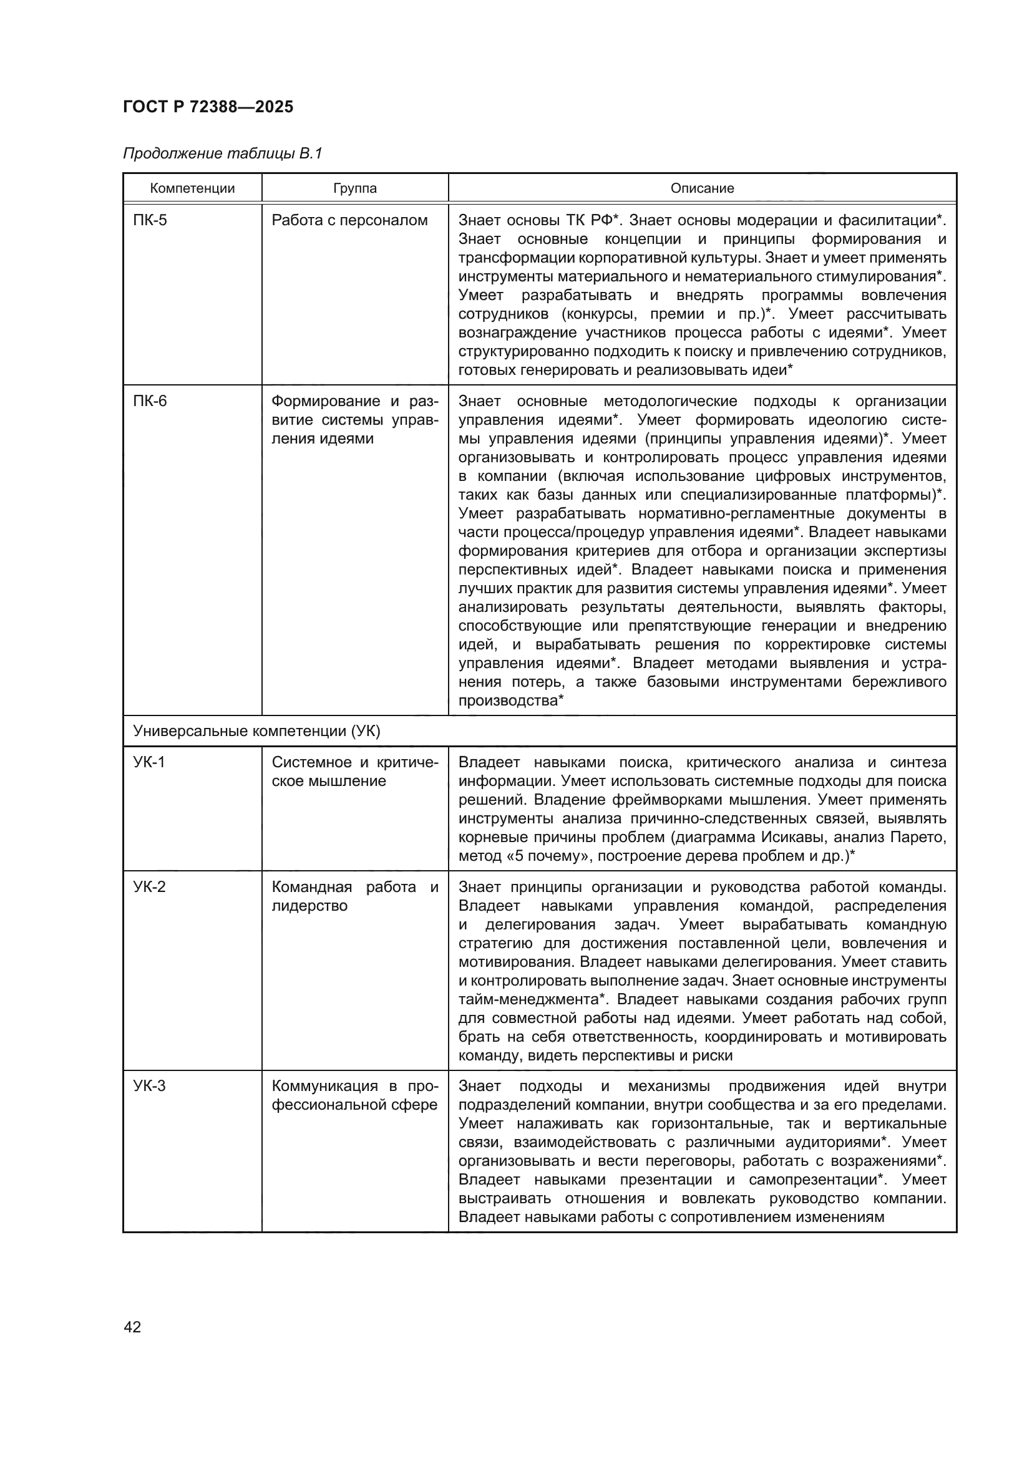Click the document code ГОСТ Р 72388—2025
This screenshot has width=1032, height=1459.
[x=208, y=107]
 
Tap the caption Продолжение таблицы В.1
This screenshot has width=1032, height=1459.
[x=222, y=153]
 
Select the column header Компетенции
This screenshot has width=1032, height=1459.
[x=192, y=188]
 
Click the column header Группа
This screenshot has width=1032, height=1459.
[x=354, y=188]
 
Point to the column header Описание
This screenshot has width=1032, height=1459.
[x=702, y=188]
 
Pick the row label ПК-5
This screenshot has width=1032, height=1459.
[x=150, y=220]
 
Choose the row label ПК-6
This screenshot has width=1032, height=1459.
[x=150, y=401]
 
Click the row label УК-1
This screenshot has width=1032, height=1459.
[x=149, y=762]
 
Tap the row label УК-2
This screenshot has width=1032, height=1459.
[x=149, y=886]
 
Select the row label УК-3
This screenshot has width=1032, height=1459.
[x=149, y=1086]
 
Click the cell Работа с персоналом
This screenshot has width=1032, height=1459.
[x=349, y=220]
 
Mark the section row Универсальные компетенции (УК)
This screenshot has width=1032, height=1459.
[x=256, y=732]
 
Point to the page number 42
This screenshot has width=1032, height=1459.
[x=132, y=1327]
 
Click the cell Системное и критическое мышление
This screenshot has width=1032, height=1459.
[x=354, y=772]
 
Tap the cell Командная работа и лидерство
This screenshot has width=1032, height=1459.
[x=354, y=896]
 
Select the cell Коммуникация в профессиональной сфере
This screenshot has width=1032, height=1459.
[x=354, y=1095]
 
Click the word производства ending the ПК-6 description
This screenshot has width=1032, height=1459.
[x=508, y=701]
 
